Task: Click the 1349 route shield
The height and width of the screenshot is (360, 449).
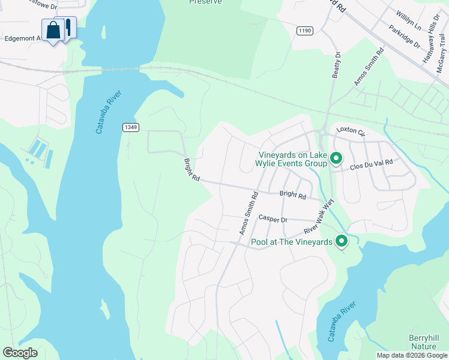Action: (x=131, y=127)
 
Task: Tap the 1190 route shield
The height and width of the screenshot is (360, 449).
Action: (x=305, y=31)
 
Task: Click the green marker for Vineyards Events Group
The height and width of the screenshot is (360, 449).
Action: (x=336, y=158)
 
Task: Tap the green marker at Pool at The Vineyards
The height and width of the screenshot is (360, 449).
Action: (x=342, y=241)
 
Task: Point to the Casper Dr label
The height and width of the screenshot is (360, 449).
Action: (x=273, y=219)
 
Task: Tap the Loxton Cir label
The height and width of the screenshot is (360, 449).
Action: (x=351, y=130)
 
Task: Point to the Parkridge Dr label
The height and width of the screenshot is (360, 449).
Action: (x=404, y=35)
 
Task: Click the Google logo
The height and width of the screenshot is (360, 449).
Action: (x=20, y=353)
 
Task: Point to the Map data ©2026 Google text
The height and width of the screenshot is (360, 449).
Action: (x=412, y=355)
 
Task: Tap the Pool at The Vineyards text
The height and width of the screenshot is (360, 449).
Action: (x=291, y=242)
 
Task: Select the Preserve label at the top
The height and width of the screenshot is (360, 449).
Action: (x=205, y=2)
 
